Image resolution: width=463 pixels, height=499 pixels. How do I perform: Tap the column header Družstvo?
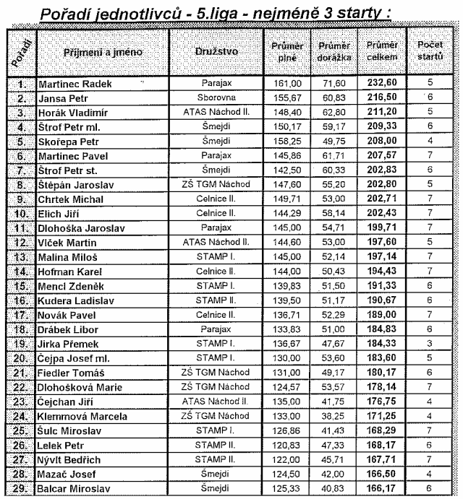click(x=216, y=53)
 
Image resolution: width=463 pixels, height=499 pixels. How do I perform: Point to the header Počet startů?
click(x=430, y=51)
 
